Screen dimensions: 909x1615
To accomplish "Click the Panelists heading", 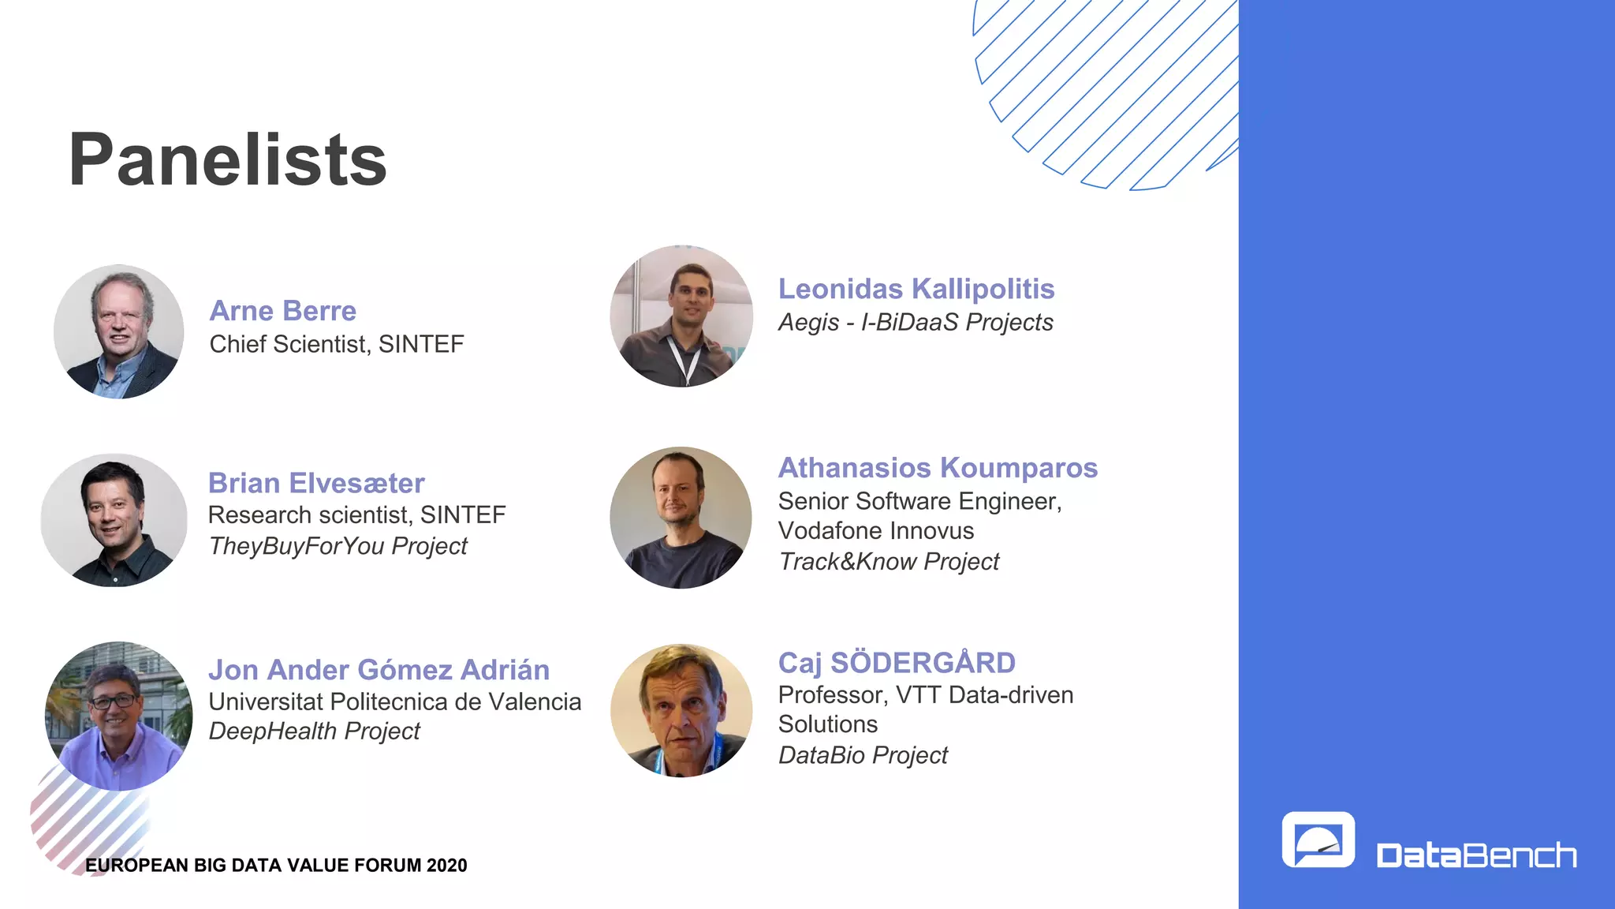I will coord(227,160).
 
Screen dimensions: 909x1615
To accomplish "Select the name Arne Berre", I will coord(282,311).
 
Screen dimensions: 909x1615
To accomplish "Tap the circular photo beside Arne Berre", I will coord(119,331).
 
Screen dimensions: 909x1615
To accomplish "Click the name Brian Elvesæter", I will coord(316,483).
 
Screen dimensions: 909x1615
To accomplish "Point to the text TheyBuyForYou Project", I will coord(338,546).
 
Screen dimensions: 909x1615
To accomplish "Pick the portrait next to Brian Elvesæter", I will coord(114,520).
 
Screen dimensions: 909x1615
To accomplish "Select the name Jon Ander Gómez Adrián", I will coord(379,670).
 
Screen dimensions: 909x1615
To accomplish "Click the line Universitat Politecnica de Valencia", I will coord(394,701).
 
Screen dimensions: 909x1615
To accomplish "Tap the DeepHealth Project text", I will coord(314,731).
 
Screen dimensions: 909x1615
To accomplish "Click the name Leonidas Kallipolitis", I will coord(916,289).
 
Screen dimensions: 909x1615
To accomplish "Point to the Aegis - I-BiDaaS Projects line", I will coord(916,323).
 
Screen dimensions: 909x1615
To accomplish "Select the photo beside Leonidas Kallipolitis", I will coord(681,316).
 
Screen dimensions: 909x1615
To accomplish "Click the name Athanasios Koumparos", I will coord(938,468).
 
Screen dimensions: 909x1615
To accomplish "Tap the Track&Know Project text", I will coord(889,562).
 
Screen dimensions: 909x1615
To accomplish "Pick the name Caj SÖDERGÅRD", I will coord(897,663).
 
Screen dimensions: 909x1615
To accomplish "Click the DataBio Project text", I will coord(863,755).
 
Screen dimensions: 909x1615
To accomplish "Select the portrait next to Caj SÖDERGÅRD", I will coord(681,711).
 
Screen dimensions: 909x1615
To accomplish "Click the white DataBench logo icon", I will coord(1318,840).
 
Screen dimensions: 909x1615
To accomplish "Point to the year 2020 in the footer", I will coord(446,866).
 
